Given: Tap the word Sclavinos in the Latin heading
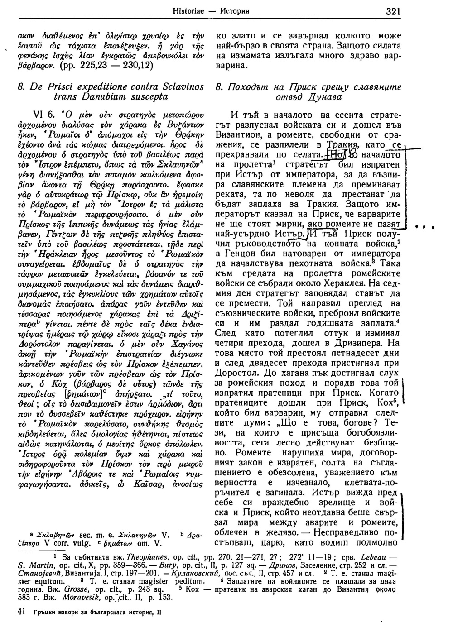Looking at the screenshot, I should click(x=183, y=86).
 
